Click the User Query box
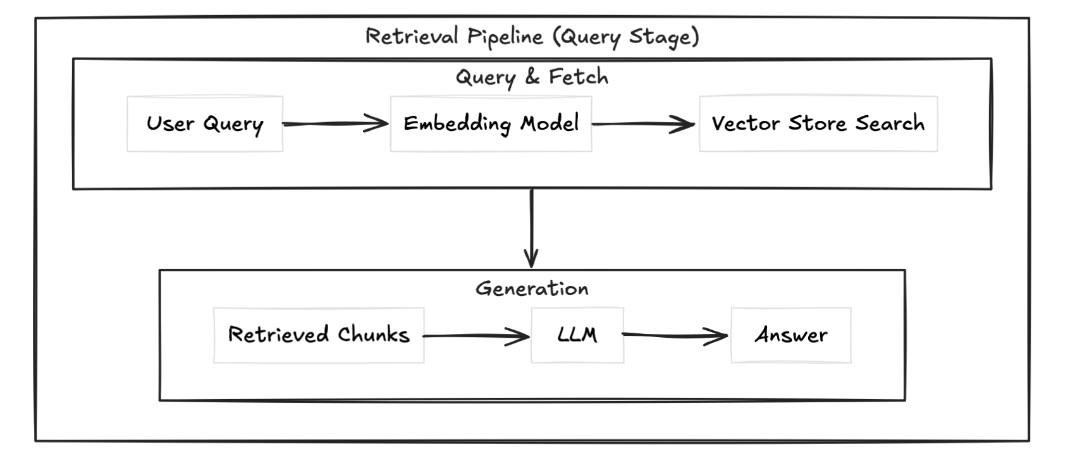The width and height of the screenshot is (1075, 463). click(x=204, y=124)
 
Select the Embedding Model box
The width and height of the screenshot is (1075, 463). click(x=491, y=124)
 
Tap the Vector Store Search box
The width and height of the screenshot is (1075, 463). click(x=818, y=124)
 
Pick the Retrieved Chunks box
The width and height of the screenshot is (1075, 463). click(x=319, y=335)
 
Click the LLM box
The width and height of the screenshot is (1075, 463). click(x=577, y=335)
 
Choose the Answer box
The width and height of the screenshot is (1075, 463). click(x=790, y=335)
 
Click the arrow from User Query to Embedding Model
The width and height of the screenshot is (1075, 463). click(x=335, y=124)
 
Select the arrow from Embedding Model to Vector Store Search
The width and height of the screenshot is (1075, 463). click(x=644, y=124)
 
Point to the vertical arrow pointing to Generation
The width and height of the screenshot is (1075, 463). click(x=531, y=228)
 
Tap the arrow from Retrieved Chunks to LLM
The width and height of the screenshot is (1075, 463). click(x=476, y=336)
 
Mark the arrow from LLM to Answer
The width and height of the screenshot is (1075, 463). click(x=675, y=335)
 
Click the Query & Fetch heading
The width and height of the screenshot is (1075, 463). click(x=532, y=77)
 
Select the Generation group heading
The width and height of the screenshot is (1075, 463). click(x=532, y=289)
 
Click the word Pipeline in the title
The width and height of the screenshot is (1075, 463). click(x=505, y=37)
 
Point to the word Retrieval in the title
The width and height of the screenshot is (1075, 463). click(x=412, y=36)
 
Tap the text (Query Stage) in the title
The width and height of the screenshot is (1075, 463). click(x=626, y=37)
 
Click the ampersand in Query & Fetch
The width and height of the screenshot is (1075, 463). click(x=532, y=77)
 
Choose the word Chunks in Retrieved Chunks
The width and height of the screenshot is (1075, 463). click(x=373, y=335)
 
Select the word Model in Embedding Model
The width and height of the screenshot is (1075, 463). click(x=549, y=123)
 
